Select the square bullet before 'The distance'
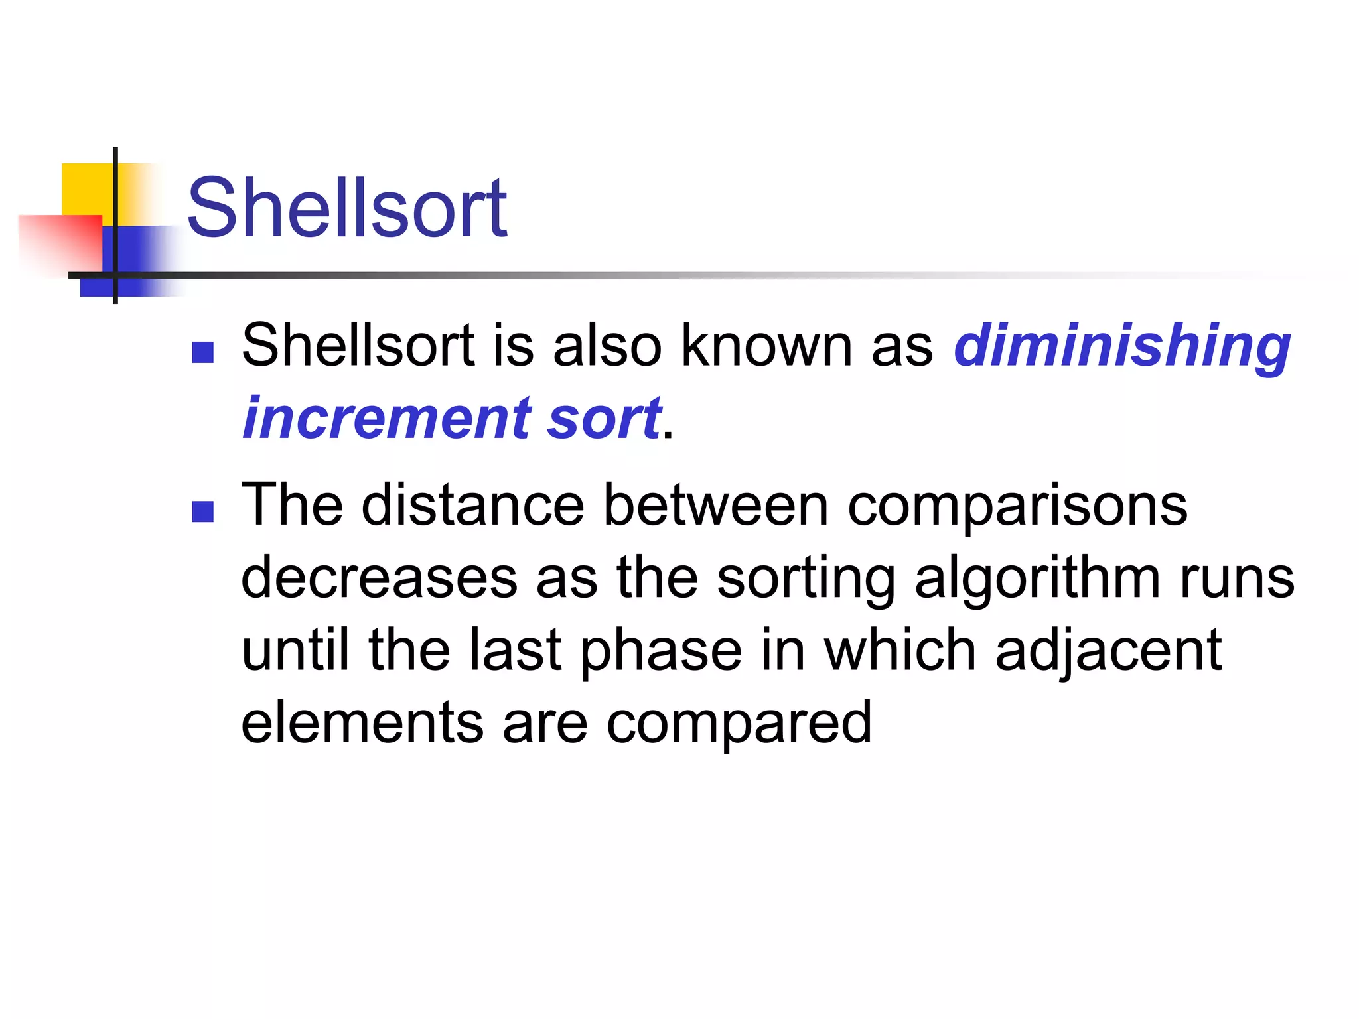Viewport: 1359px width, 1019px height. tap(202, 511)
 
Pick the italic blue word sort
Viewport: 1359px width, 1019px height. tap(604, 419)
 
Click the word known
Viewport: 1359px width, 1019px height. tap(766, 345)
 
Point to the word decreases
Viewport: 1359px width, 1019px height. tap(379, 578)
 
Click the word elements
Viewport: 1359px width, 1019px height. tap(362, 722)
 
